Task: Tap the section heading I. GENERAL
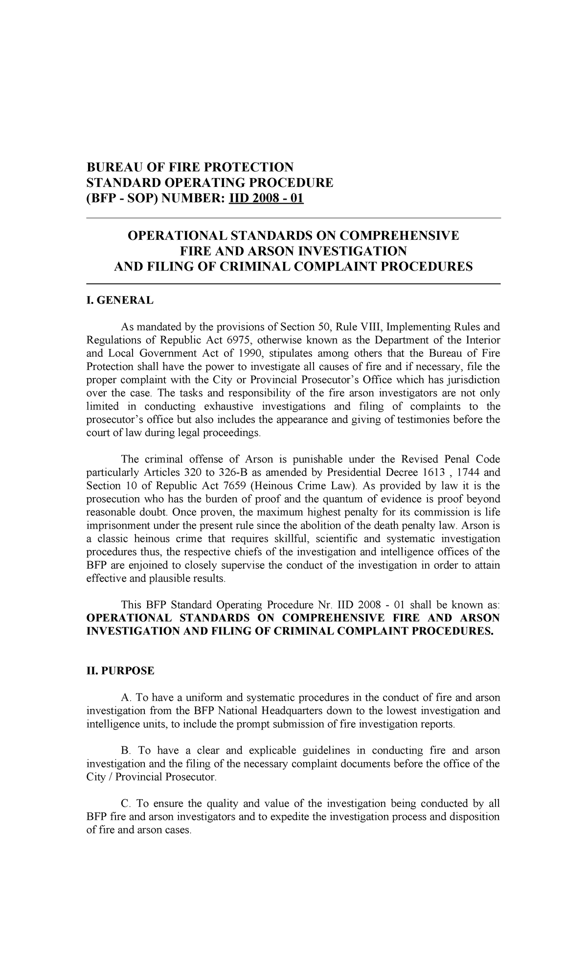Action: click(120, 300)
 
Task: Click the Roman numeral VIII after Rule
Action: click(360, 327)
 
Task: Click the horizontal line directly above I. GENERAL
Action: click(293, 283)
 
